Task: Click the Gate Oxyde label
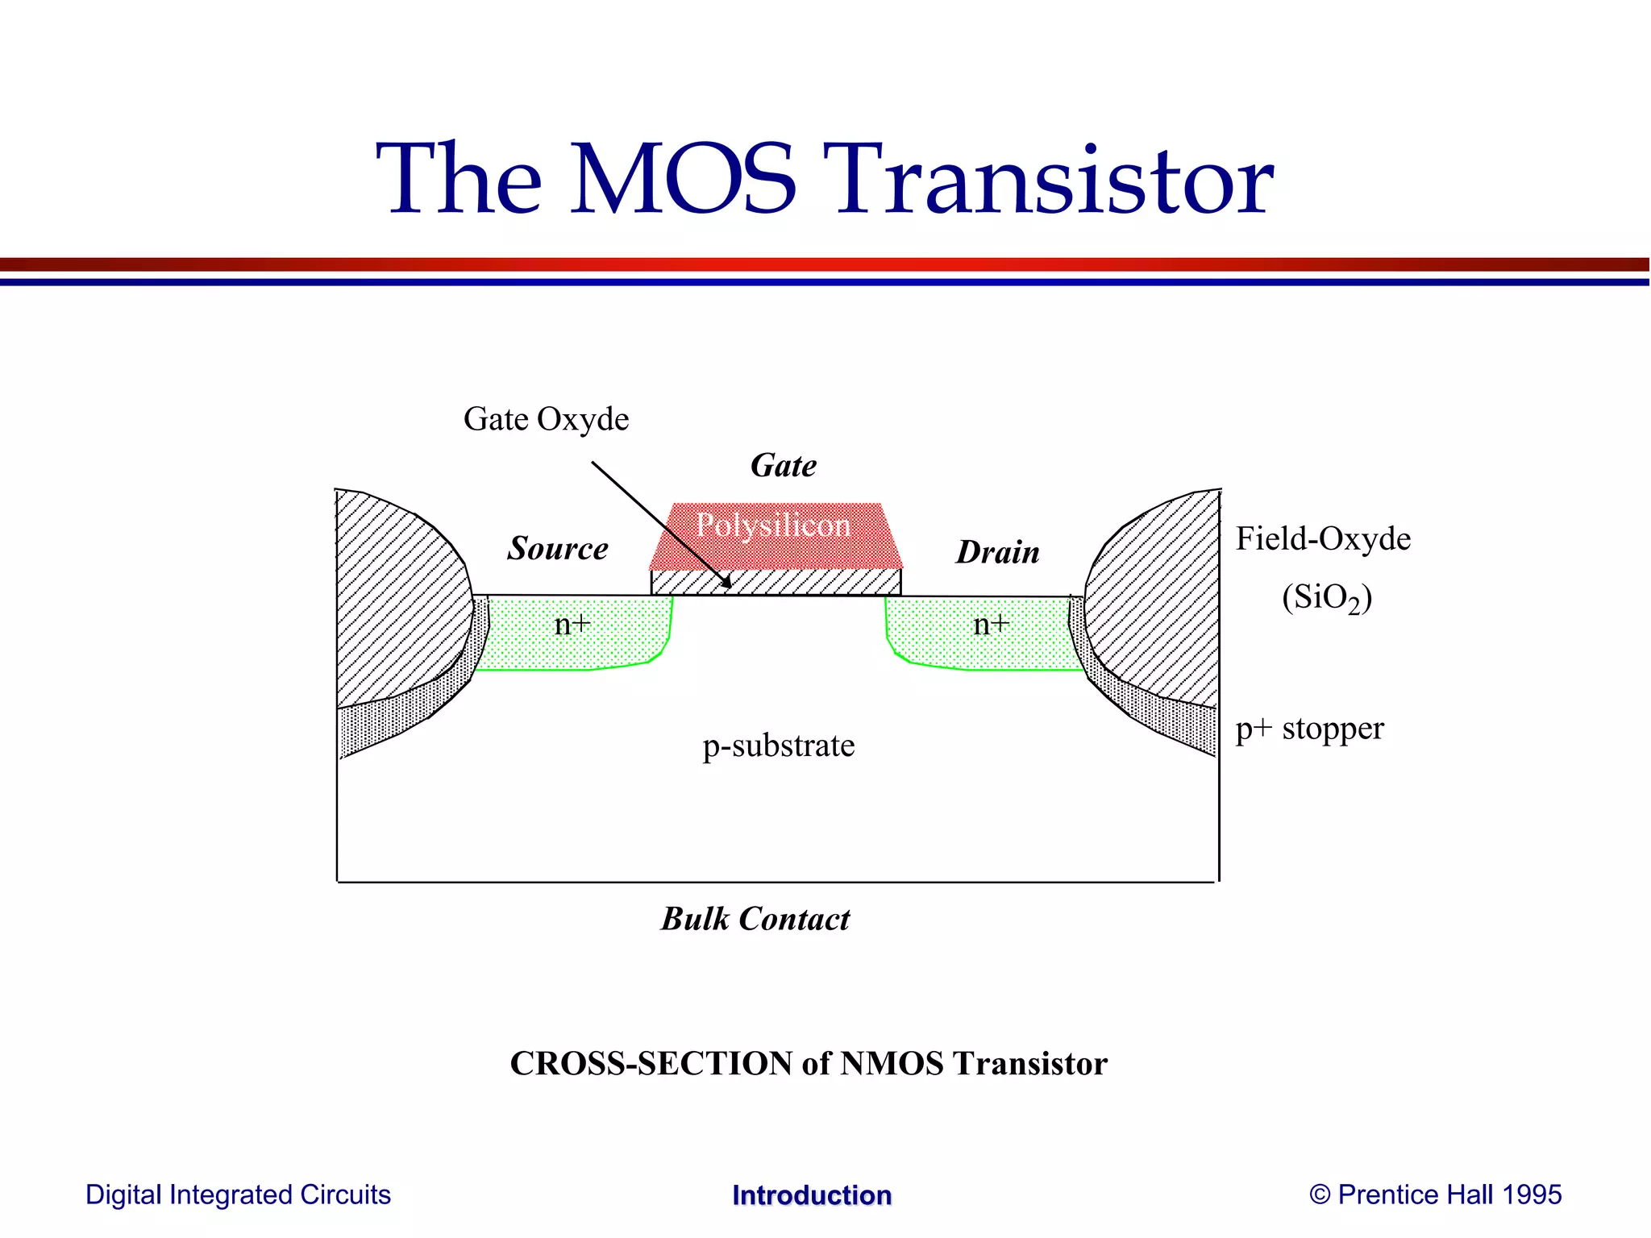pyautogui.click(x=546, y=419)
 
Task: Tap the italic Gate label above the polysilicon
pyautogui.click(x=783, y=466)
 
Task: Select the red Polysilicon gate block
pyautogui.click(x=774, y=536)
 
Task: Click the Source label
pyautogui.click(x=558, y=548)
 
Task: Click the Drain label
pyautogui.click(x=997, y=553)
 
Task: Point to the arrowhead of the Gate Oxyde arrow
pyautogui.click(x=727, y=584)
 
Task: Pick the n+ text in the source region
pyautogui.click(x=572, y=625)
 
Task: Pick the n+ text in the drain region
pyautogui.click(x=991, y=625)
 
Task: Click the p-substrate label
pyautogui.click(x=778, y=746)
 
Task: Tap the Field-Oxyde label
pyautogui.click(x=1323, y=539)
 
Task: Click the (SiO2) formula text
pyautogui.click(x=1327, y=598)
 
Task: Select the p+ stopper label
pyautogui.click(x=1309, y=729)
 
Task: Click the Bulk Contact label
pyautogui.click(x=755, y=920)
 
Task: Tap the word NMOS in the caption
pyautogui.click(x=892, y=1064)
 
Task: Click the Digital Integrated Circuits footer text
pyautogui.click(x=238, y=1194)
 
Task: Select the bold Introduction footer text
pyautogui.click(x=811, y=1195)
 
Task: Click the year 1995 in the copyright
pyautogui.click(x=1532, y=1194)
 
